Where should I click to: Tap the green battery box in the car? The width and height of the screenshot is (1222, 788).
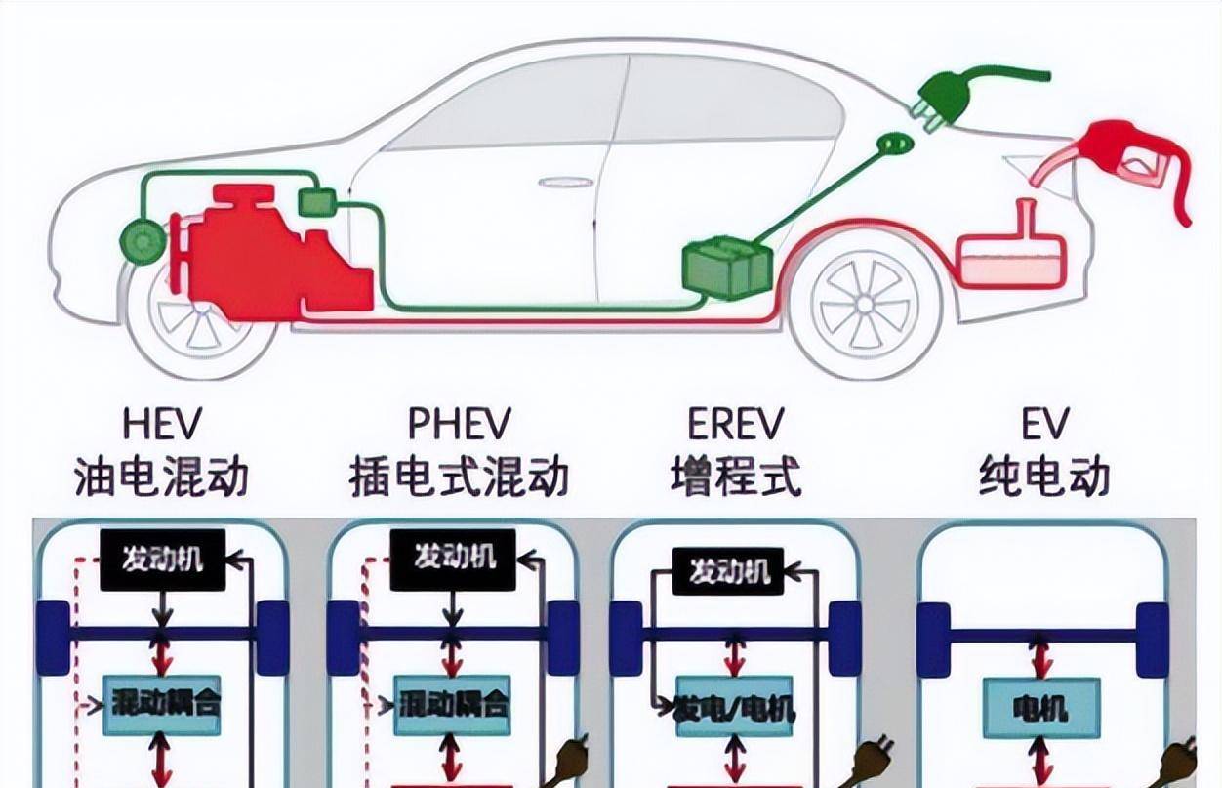(726, 265)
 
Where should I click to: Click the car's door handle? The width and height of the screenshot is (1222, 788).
(566, 183)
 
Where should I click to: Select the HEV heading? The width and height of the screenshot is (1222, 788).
(162, 426)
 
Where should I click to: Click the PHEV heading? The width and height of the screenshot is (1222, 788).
(459, 426)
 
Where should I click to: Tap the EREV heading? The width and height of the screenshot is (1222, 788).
(737, 426)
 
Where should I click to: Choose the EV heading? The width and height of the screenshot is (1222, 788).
(1044, 426)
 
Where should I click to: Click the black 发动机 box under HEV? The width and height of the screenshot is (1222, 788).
(162, 560)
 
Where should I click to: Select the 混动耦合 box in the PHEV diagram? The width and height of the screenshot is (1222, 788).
(453, 705)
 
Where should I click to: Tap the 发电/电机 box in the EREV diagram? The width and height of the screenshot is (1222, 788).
(736, 708)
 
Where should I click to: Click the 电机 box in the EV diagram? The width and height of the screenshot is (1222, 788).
(1041, 705)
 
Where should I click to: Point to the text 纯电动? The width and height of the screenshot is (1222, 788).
(1044, 477)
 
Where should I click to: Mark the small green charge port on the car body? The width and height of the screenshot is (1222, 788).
(895, 145)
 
